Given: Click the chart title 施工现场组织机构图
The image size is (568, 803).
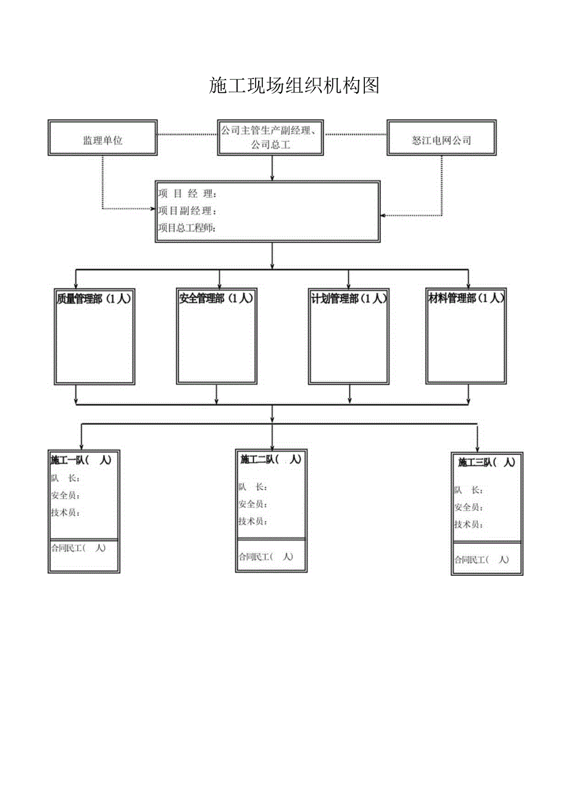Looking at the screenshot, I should click(x=294, y=86).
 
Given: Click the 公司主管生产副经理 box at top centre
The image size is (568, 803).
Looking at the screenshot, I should click(x=271, y=138).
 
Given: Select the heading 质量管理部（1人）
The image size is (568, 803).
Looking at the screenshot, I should click(x=94, y=299).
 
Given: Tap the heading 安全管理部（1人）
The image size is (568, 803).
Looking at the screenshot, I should click(x=216, y=299).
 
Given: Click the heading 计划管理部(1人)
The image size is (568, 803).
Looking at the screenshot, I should click(x=349, y=299).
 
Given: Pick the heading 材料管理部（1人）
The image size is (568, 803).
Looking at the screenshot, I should click(x=466, y=299).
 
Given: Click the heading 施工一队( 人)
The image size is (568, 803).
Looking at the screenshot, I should click(x=81, y=460).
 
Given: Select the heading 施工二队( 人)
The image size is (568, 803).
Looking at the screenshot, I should click(x=270, y=459).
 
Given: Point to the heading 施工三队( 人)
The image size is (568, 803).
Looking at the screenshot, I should click(x=486, y=462).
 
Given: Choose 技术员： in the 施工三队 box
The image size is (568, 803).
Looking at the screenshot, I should click(x=469, y=525).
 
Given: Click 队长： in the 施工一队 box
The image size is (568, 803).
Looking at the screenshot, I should click(x=65, y=478).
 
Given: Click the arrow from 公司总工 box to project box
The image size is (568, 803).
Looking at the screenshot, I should click(x=272, y=168).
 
